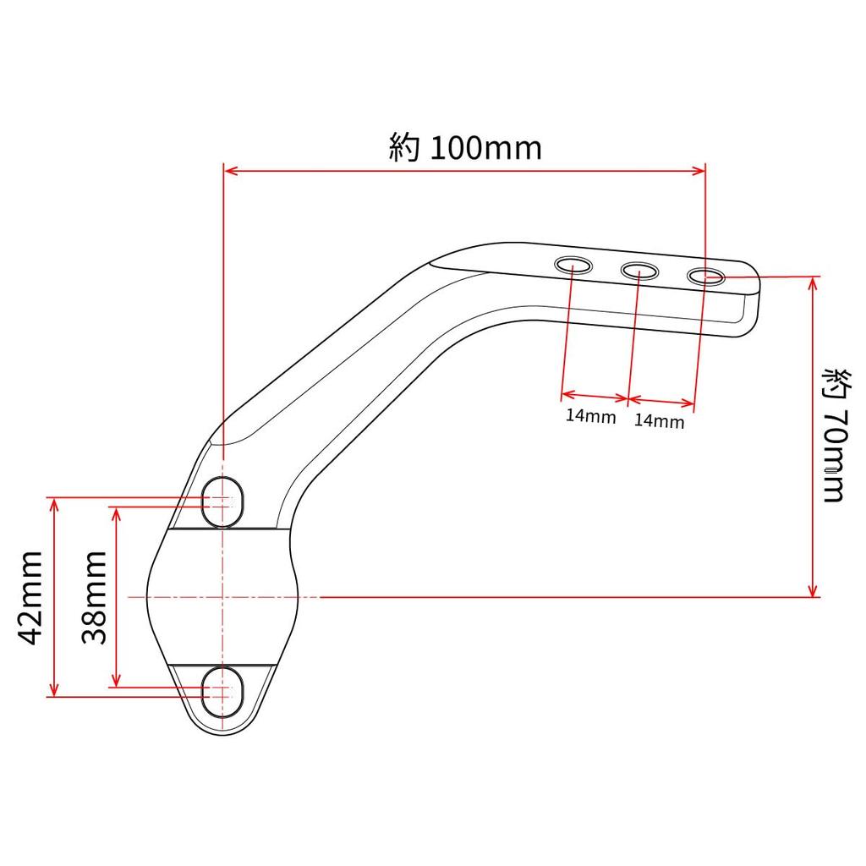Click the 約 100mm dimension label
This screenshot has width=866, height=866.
pos(464,147)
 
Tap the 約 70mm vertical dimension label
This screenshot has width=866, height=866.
pos(833,435)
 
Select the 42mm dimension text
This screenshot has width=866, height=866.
pos(31,596)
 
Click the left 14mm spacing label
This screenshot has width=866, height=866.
pos(590,416)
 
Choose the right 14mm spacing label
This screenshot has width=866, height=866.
pos(659,421)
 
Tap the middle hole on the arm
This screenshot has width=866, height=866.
pos(639,271)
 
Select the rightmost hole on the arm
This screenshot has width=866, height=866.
pos(705,276)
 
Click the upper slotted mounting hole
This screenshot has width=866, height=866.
pos(223,502)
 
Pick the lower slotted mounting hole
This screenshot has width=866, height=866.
pos(223,691)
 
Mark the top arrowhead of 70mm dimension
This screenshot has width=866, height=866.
pos(814,282)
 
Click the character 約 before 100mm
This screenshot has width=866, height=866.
pos(405,147)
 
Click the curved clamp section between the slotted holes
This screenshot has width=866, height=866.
pos(223,595)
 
